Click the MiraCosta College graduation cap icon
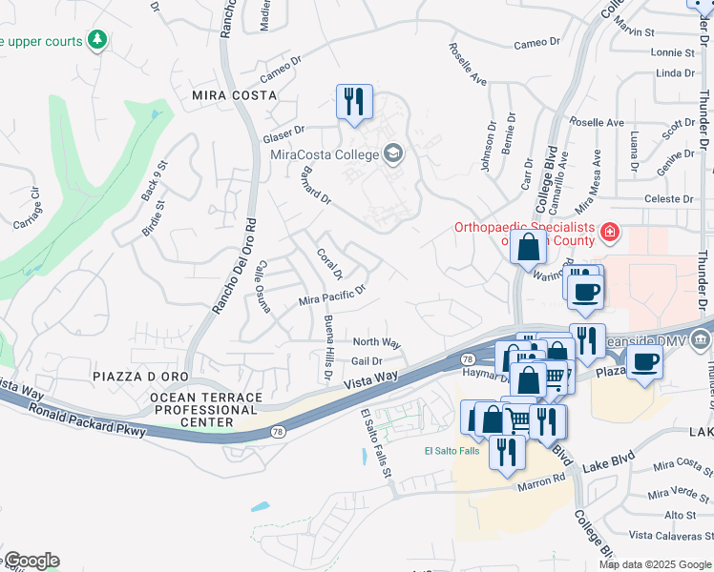[392, 153]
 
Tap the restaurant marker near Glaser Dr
[353, 102]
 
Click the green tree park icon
[96, 39]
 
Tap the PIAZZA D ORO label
[141, 378]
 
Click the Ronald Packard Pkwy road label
[87, 420]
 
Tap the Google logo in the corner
[31, 561]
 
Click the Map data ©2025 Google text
[654, 564]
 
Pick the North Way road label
[376, 342]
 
